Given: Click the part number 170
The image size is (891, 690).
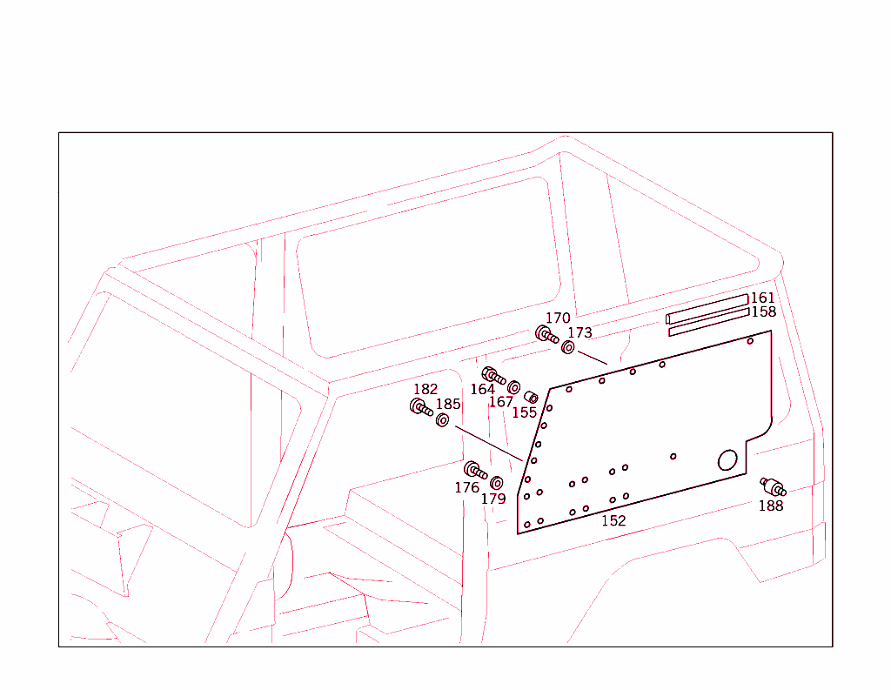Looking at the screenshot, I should point(558,318).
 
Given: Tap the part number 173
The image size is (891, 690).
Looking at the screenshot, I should point(579,332).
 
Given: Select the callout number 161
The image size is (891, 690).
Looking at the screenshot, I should point(762,298).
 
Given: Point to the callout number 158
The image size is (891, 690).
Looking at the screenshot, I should point(763,312).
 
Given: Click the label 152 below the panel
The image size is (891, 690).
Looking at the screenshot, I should point(613,520).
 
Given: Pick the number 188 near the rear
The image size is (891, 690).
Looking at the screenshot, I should point(771,506).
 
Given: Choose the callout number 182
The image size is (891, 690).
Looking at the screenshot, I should point(425,390).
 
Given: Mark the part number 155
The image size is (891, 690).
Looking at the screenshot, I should point(524,412).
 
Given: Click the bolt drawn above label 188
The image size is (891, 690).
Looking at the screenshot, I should point(773,486).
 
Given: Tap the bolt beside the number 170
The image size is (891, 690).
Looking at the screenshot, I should point(546,334).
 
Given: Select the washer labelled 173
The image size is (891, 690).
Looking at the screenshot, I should point(568,348).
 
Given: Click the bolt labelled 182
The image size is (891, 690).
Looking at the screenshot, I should point(421,406).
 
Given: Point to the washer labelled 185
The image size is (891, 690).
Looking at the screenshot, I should point(442,421).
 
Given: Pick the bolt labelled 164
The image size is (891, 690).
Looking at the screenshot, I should point(493,375).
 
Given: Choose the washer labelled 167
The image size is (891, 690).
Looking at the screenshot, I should point(513,387).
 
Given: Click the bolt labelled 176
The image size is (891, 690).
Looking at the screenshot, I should point(475,470).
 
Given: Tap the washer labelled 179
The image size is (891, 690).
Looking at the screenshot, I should point(497,483).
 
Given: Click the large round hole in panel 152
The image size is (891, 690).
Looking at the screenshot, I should point(727,460).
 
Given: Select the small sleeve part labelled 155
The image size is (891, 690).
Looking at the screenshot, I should point(531,399).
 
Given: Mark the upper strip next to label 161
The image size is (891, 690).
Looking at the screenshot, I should point(707,308).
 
